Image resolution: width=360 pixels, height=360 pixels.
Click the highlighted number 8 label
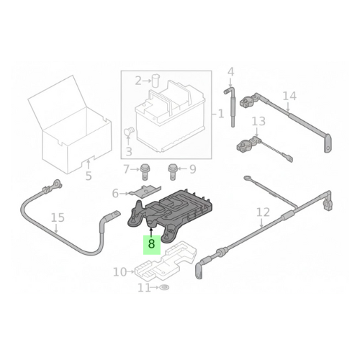tap(151, 245)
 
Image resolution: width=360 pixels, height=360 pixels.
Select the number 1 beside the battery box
tap(221, 114)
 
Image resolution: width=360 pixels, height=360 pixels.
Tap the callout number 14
tap(289, 96)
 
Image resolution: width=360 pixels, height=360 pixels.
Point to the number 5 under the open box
tap(89, 176)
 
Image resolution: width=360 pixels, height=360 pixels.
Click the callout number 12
tap(263, 212)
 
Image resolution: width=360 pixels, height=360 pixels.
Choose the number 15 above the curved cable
tap(58, 217)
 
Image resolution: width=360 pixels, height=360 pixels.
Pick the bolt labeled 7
tap(144, 171)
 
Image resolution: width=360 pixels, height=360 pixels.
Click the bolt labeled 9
tap(172, 171)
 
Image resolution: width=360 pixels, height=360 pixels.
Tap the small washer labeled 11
tap(165, 287)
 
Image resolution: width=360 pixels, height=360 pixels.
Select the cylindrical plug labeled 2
tap(156, 80)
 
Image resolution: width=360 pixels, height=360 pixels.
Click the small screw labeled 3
tap(130, 131)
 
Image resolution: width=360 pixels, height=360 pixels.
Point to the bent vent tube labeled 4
tap(230, 108)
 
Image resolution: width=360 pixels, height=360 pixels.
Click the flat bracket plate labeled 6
tap(146, 191)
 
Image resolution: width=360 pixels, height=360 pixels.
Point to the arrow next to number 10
tap(130, 271)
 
